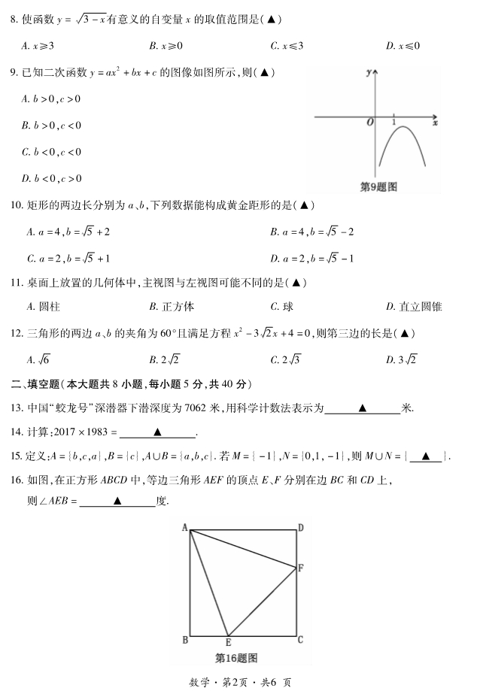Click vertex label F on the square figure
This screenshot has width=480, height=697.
[301, 568]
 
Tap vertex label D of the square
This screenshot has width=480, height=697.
[300, 528]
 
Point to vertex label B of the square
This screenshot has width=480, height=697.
[185, 641]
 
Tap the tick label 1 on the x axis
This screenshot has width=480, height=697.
[394, 121]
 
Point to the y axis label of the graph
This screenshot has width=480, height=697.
[368, 73]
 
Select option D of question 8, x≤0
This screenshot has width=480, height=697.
[403, 46]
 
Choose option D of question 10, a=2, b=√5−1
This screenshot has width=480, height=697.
[312, 258]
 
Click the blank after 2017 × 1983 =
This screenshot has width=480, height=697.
[157, 432]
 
